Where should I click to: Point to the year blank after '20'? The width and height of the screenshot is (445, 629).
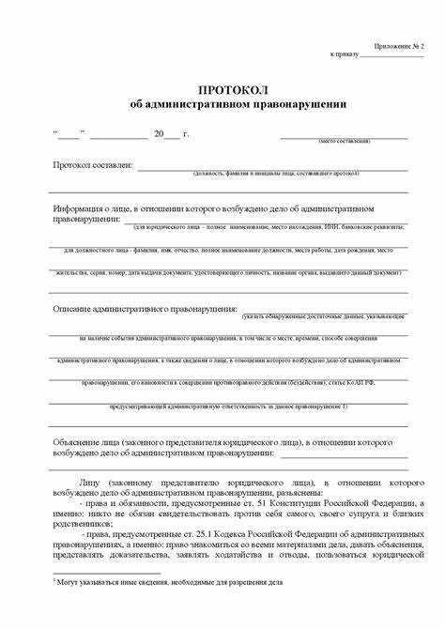(x=171, y=134)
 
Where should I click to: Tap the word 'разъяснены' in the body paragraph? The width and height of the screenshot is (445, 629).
(x=294, y=492)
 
